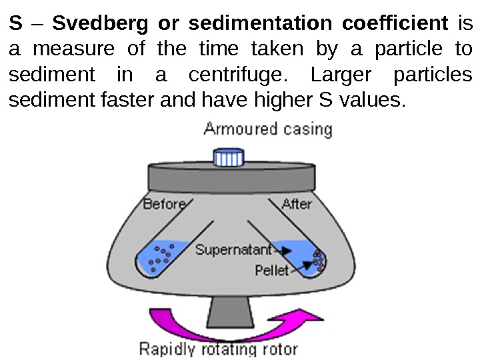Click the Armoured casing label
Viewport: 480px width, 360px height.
click(x=267, y=128)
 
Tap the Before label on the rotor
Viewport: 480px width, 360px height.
click(x=164, y=204)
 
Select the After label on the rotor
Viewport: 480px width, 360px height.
click(x=297, y=204)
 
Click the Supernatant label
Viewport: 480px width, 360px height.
click(x=233, y=251)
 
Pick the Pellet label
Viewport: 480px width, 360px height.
click(x=272, y=270)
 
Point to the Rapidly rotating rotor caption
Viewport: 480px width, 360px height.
click(x=218, y=349)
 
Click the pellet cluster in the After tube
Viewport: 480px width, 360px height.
click(x=319, y=261)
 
